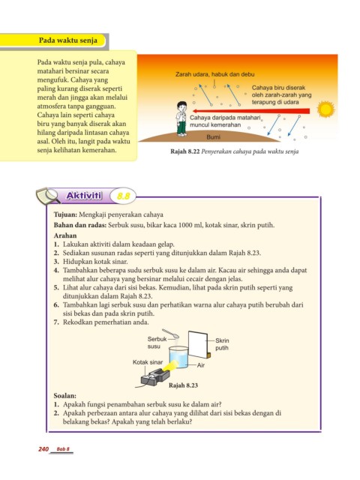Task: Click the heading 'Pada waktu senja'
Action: [68, 40]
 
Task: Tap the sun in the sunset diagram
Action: [325, 109]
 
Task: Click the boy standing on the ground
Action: [181, 118]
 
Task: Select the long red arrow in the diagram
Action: [251, 111]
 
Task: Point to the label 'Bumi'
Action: [213, 136]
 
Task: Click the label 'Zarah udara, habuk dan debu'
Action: [215, 74]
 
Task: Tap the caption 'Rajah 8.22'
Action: [185, 151]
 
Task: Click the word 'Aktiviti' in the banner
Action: [84, 196]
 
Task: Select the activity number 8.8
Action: [123, 196]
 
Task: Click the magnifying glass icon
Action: [48, 195]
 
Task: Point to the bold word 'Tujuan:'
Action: [65, 214]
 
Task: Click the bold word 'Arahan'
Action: [65, 235]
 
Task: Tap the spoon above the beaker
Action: [170, 333]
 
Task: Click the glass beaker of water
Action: [178, 357]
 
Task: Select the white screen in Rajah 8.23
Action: [198, 344]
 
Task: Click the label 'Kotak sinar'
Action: [148, 362]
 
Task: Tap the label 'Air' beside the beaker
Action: [201, 365]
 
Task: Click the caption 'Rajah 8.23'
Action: [183, 385]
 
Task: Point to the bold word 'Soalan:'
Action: [65, 395]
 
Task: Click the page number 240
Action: [43, 449]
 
